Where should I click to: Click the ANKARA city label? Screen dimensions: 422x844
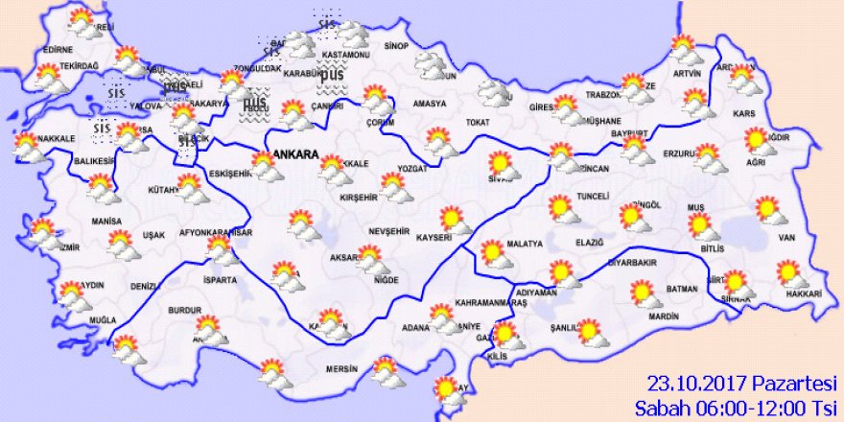(x=295, y=154)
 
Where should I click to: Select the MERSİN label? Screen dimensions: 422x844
(x=341, y=368)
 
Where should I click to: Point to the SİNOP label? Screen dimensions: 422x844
(x=396, y=46)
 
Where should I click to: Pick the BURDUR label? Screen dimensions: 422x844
(x=183, y=311)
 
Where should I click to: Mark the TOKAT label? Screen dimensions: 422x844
(x=478, y=123)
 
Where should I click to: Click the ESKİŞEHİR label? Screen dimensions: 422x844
(x=228, y=174)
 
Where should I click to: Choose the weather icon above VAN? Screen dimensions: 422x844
(x=767, y=209)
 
